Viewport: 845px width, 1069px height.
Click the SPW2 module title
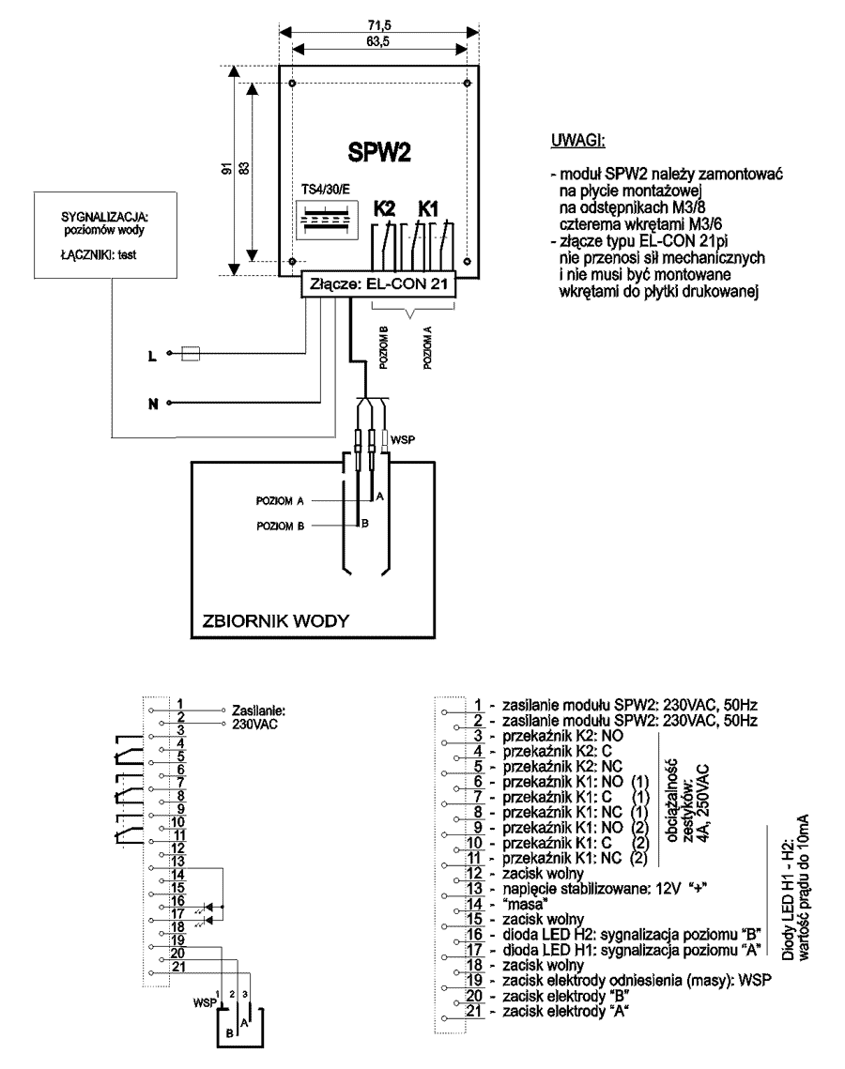point(379,151)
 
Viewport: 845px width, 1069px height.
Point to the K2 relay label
point(384,208)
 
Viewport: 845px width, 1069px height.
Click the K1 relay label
point(427,208)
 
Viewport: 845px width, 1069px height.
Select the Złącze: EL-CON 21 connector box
point(378,283)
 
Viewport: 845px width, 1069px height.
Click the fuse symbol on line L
point(191,353)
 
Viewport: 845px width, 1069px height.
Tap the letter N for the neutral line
point(153,404)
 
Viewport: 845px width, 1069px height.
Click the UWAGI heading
point(577,141)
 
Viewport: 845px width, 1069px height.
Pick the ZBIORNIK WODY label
point(275,620)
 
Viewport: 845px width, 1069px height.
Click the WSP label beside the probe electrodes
point(403,440)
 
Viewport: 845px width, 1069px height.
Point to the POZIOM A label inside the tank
point(280,500)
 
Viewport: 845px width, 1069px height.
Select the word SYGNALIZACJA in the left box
point(104,218)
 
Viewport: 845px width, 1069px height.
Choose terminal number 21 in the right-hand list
point(475,1011)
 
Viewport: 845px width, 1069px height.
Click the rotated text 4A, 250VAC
point(704,803)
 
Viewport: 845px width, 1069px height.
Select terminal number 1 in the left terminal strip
point(180,704)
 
